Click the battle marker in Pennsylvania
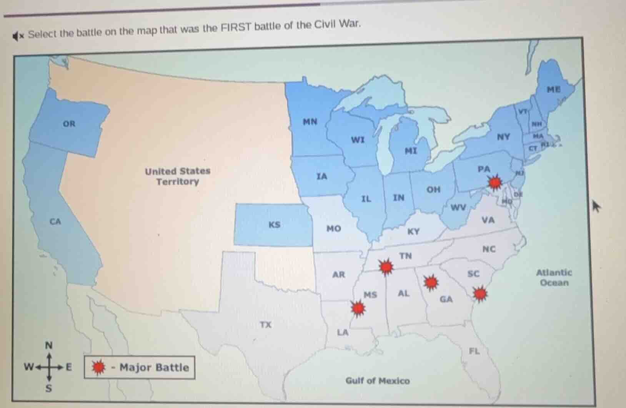(x=495, y=182)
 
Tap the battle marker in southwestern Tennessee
(x=386, y=266)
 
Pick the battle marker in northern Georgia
(x=431, y=283)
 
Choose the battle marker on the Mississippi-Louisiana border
(x=358, y=308)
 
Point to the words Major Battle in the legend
(x=154, y=368)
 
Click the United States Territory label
(x=178, y=176)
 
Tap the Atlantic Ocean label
(x=554, y=278)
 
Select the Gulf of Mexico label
(x=378, y=381)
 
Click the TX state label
(x=265, y=325)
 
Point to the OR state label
(x=69, y=124)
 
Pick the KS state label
(x=274, y=225)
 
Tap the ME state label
(x=554, y=90)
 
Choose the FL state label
(x=474, y=351)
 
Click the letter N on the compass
(x=48, y=346)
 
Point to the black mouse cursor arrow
(x=596, y=206)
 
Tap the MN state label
(x=310, y=122)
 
